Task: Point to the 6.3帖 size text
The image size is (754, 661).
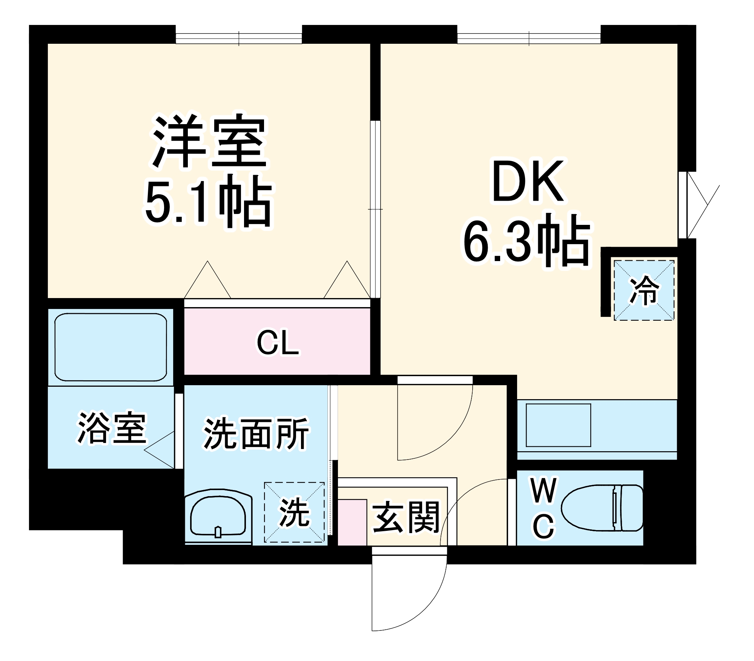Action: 526,241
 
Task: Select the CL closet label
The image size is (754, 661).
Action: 278,343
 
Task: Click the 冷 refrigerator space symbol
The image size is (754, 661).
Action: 644,290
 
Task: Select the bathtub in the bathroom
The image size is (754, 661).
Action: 111,347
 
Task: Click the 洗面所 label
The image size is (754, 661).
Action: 256,433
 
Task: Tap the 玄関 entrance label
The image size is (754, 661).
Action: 406,517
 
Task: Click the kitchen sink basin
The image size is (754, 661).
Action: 558,425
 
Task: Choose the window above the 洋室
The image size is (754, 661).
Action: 239,38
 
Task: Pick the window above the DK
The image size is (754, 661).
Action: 528,38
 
